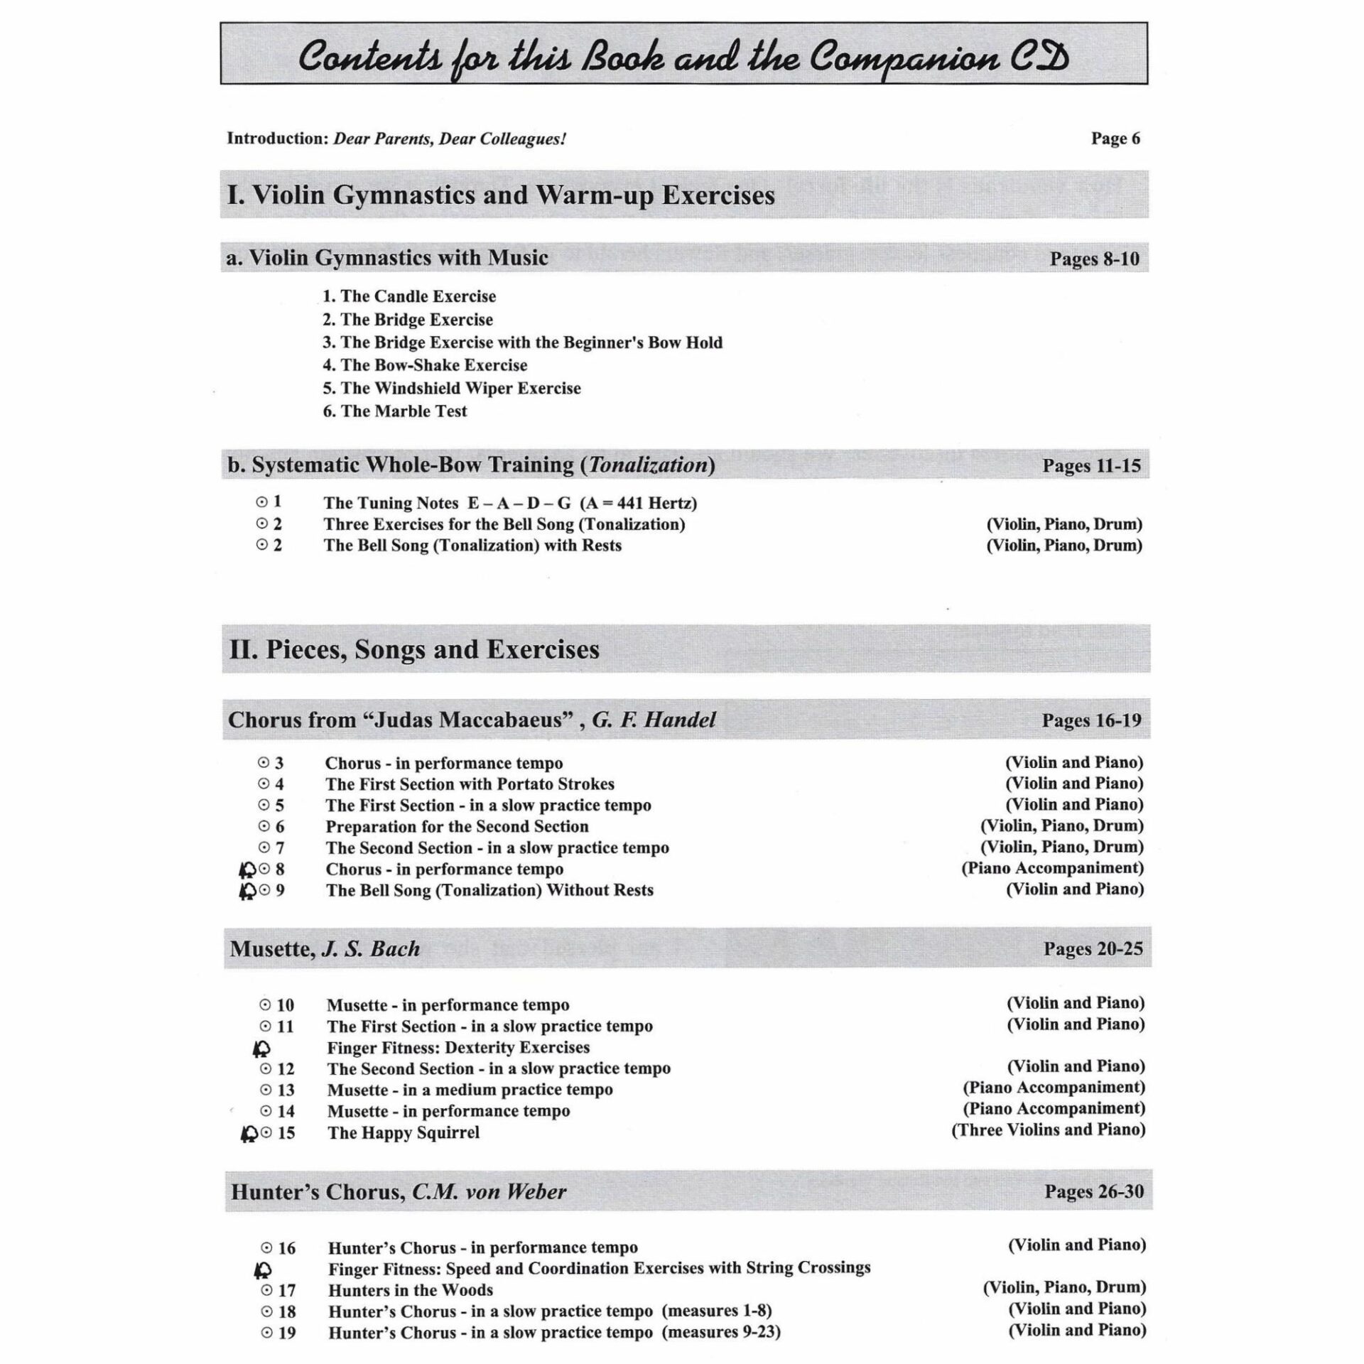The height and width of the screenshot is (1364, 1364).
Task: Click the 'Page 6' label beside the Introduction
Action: tap(1115, 139)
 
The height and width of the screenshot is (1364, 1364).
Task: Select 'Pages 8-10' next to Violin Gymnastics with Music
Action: tap(1094, 259)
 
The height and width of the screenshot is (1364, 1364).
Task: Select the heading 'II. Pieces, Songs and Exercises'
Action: tap(414, 649)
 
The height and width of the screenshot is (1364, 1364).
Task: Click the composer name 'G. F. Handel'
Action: tap(654, 720)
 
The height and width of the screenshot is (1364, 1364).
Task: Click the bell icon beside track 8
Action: tap(247, 870)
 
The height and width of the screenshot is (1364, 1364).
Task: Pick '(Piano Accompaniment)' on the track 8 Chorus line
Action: tap(1052, 868)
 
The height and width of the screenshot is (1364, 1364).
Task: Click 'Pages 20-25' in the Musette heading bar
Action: tap(1093, 949)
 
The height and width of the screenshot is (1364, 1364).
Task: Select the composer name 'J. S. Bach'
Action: tap(371, 949)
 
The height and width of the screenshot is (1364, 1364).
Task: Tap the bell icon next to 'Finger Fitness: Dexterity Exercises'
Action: tap(261, 1048)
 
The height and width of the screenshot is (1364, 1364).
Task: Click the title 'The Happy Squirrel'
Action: tap(403, 1132)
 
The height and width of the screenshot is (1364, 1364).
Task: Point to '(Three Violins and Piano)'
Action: tap(1048, 1130)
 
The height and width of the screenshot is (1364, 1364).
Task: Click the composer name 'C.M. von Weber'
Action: tap(489, 1191)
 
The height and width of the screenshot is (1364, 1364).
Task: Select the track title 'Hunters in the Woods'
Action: tap(410, 1289)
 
